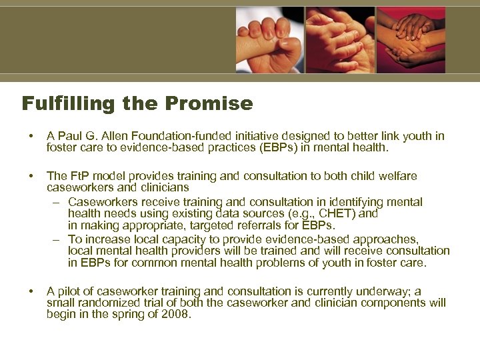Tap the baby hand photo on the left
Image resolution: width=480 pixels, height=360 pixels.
tap(270, 41)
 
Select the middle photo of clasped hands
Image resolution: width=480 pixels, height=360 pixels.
tap(340, 40)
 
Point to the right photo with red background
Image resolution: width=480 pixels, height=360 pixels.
tap(411, 40)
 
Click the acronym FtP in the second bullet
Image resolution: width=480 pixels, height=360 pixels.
tap(79, 177)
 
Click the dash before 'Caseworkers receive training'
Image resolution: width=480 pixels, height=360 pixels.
tap(59, 202)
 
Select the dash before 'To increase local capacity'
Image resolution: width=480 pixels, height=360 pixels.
tap(59, 239)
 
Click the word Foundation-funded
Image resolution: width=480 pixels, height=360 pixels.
tap(198, 137)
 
